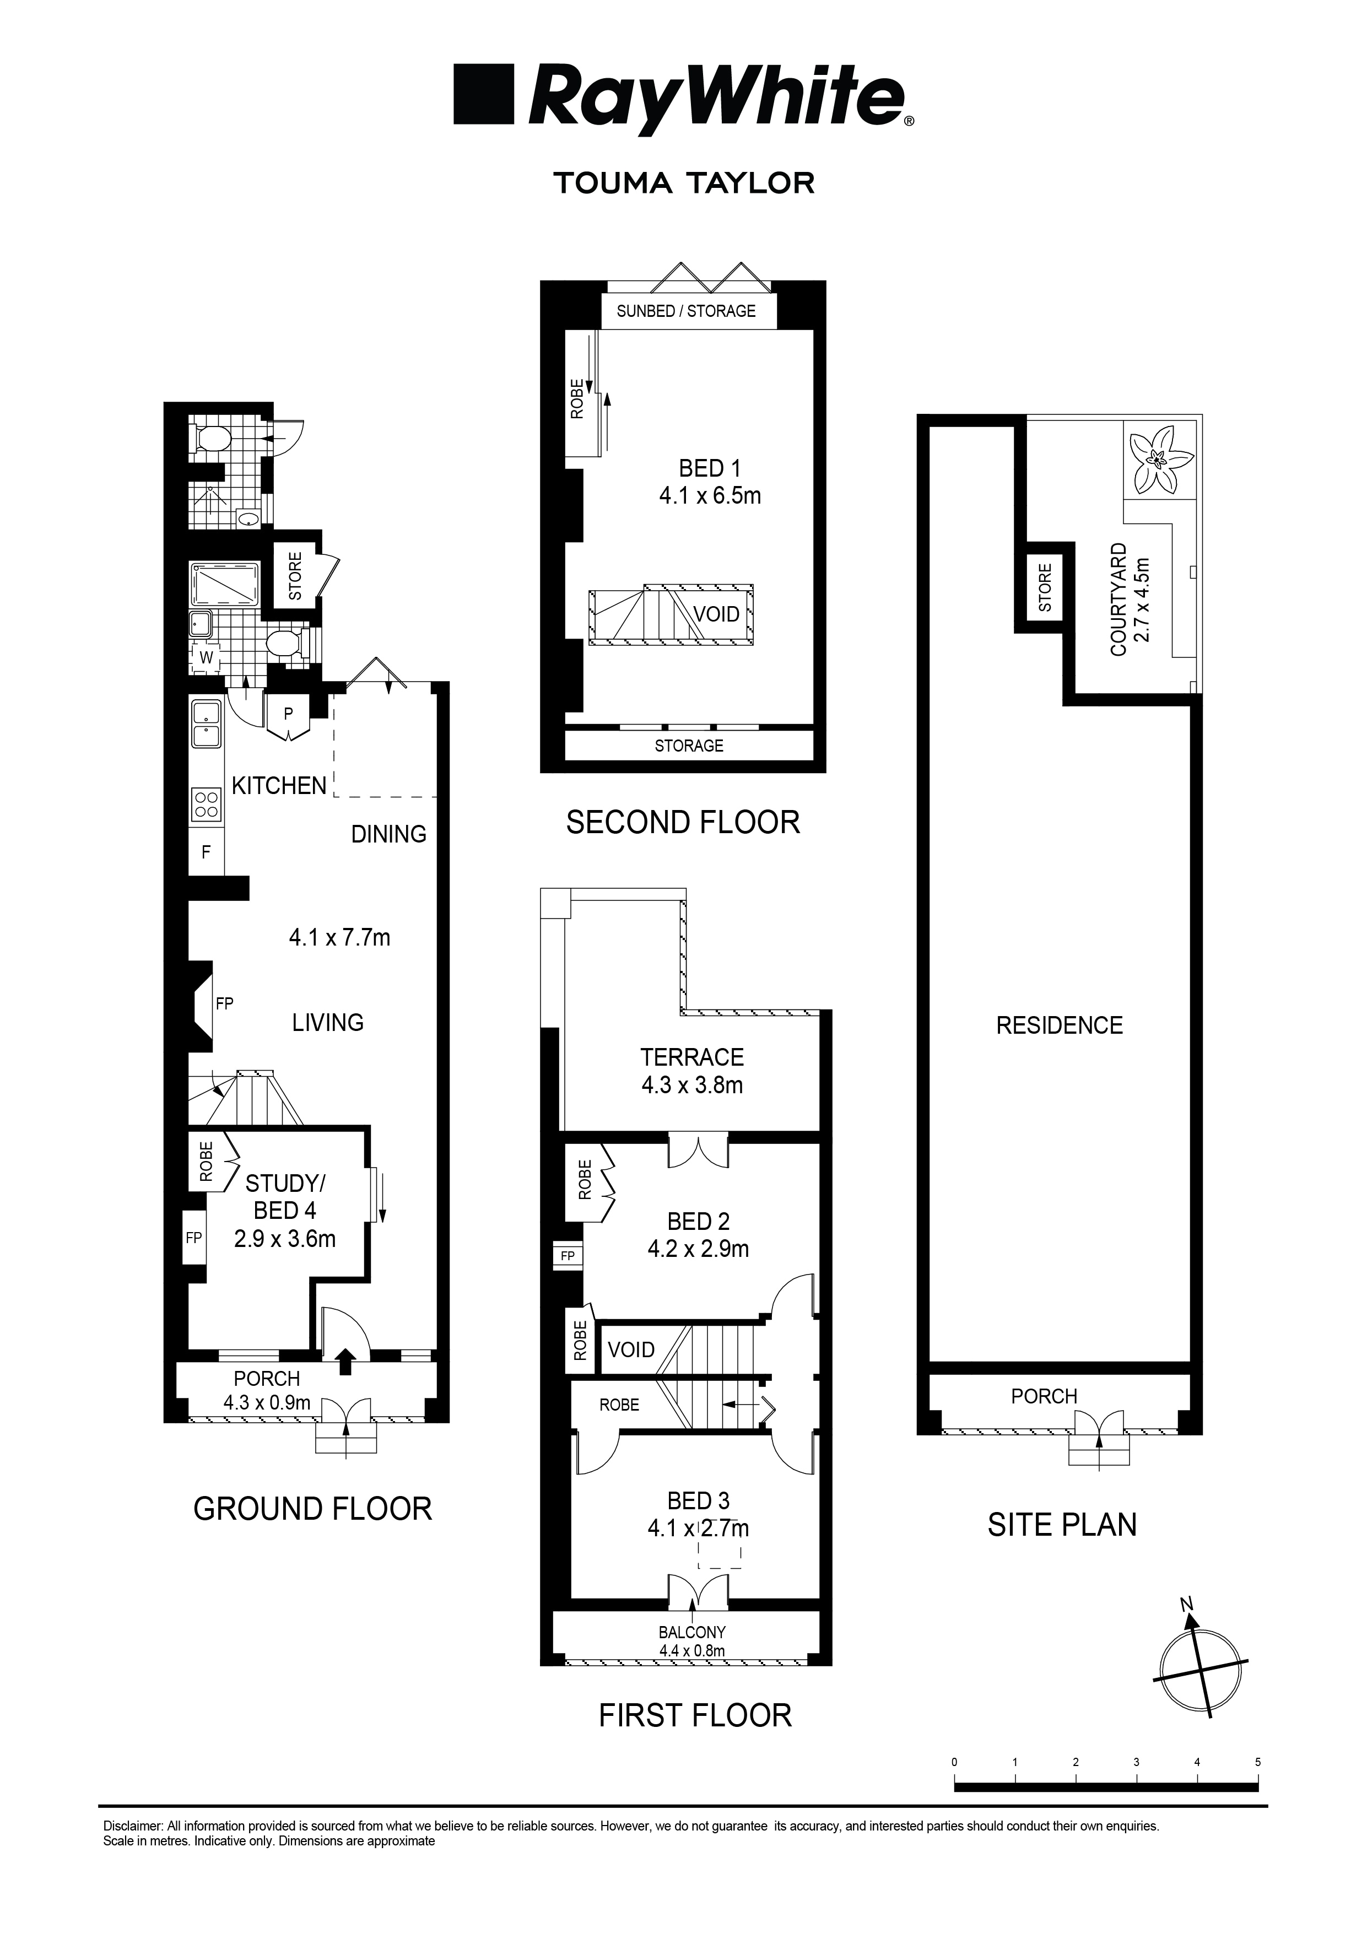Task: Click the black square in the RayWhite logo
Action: [483, 94]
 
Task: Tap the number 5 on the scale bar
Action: [1257, 1761]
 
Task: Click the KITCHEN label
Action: [279, 786]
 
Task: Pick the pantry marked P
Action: [288, 714]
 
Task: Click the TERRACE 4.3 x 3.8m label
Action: [692, 1071]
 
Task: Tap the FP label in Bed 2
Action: [568, 1256]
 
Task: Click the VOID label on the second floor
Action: [716, 614]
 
